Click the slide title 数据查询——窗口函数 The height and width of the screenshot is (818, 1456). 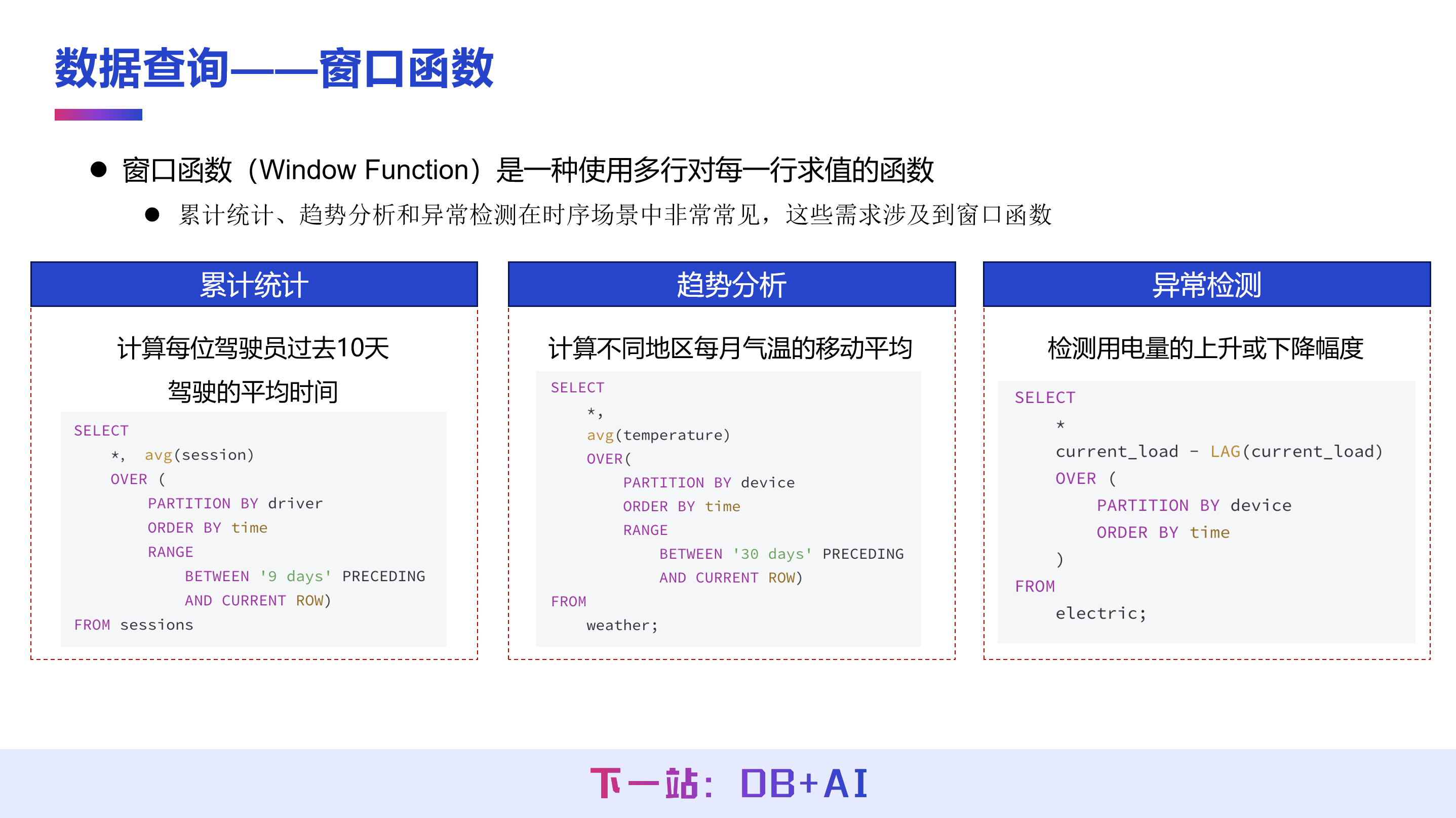pos(274,68)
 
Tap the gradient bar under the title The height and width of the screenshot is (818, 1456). pos(98,115)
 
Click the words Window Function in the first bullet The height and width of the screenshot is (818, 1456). pos(364,170)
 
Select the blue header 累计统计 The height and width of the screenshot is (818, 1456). pos(254,284)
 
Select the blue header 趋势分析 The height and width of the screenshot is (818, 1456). pos(731,284)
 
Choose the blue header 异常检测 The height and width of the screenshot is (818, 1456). pos(1207,284)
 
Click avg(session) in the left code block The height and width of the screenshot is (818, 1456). pos(199,455)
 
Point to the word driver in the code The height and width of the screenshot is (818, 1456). pos(295,503)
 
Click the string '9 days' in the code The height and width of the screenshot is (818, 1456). pos(295,576)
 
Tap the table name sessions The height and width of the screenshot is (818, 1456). pos(156,625)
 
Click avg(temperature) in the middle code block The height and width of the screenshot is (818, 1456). pos(658,435)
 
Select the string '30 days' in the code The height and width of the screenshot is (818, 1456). pos(772,554)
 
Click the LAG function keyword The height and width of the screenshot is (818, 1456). pos(1225,452)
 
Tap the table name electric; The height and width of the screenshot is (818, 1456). pos(1100,614)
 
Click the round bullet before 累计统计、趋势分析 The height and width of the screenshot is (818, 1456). pos(152,215)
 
